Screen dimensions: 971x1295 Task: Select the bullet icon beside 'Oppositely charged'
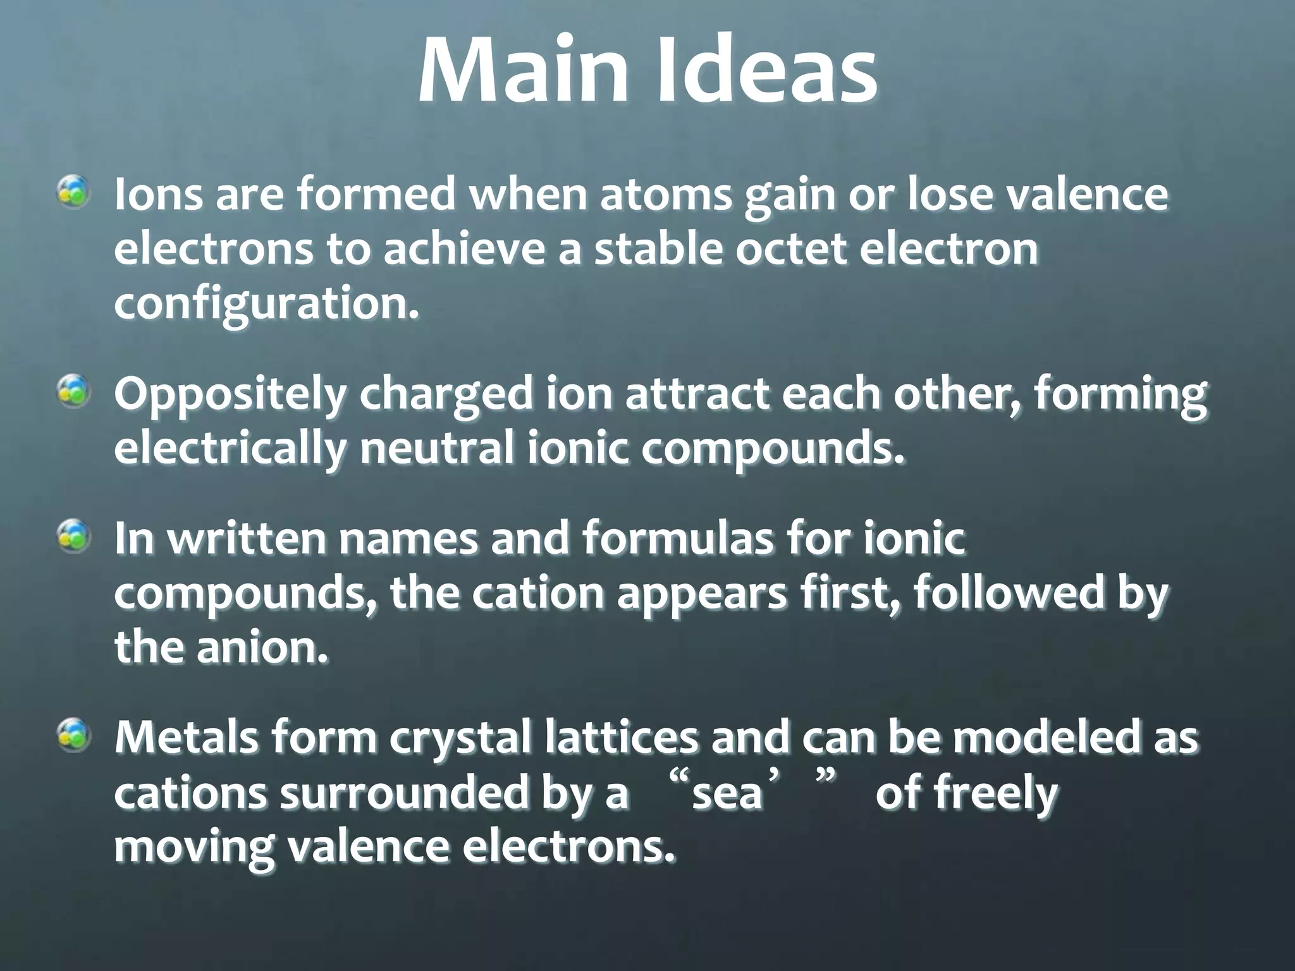(75, 391)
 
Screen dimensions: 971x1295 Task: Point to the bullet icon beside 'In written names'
(75, 537)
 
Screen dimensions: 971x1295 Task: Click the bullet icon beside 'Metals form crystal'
(75, 736)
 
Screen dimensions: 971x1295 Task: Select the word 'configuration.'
(266, 305)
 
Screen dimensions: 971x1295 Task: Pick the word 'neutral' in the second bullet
(436, 449)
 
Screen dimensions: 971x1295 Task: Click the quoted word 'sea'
(727, 793)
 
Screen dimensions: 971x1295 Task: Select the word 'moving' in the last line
(194, 848)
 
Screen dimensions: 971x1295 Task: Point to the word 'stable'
(657, 249)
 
